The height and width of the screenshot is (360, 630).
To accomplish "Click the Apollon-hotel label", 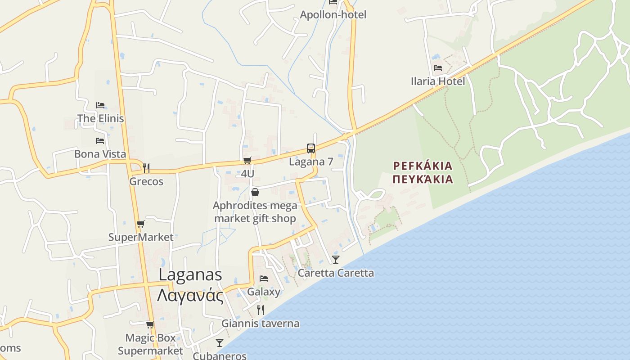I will pyautogui.click(x=333, y=14).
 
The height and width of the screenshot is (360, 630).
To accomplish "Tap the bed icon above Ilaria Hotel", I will pyautogui.click(x=438, y=68).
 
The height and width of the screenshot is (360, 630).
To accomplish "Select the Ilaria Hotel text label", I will pyautogui.click(x=438, y=81).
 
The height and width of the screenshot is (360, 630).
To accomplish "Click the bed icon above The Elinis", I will pyautogui.click(x=100, y=105).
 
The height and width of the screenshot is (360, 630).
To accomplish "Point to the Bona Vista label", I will pyautogui.click(x=100, y=154).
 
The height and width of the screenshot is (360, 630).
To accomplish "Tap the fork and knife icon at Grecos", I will pyautogui.click(x=146, y=168).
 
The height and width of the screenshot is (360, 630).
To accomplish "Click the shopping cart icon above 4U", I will pyautogui.click(x=247, y=161).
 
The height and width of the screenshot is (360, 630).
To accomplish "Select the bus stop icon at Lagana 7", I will pyautogui.click(x=311, y=148).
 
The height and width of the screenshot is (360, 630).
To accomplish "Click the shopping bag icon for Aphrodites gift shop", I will pyautogui.click(x=255, y=193).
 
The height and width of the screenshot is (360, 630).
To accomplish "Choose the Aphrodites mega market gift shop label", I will pyautogui.click(x=255, y=212).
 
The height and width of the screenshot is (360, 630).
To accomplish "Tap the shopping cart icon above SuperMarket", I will pyautogui.click(x=141, y=224).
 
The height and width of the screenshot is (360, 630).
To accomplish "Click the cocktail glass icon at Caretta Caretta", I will pyautogui.click(x=336, y=259).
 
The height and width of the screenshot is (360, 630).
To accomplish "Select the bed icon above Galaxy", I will pyautogui.click(x=264, y=279).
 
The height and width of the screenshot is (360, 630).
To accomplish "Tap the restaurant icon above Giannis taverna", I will pyautogui.click(x=260, y=310).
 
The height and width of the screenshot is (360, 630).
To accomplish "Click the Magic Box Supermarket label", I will pyautogui.click(x=150, y=344).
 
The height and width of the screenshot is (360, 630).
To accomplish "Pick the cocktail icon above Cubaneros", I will pyautogui.click(x=220, y=343).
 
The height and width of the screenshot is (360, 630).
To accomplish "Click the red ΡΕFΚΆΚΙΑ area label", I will pyautogui.click(x=423, y=166).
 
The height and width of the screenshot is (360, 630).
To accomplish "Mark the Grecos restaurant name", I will pyautogui.click(x=146, y=182).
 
